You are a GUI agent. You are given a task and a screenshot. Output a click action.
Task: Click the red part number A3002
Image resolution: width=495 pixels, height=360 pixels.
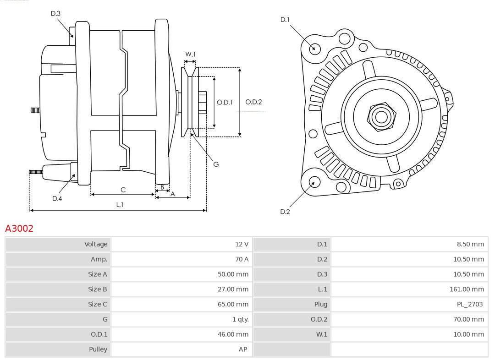point(19,228)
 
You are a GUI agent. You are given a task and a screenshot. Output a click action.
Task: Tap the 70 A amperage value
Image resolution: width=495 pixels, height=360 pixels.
point(242,259)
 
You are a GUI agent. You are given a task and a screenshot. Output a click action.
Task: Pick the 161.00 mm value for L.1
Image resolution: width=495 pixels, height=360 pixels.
point(467,289)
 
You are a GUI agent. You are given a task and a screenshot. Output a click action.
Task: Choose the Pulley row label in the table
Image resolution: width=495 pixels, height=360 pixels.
point(98,349)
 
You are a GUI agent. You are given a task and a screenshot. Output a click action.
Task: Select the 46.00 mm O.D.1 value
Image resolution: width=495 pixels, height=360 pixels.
point(233,334)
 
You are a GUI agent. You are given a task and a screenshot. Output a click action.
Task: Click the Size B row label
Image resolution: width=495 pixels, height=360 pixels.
point(97,289)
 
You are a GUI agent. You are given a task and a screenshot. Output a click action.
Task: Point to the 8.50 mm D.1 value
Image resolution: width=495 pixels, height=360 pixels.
point(470,244)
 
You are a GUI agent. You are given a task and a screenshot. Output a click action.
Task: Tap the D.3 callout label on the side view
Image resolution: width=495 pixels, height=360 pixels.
point(55,13)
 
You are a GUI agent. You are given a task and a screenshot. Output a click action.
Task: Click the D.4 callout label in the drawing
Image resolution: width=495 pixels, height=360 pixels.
point(57,198)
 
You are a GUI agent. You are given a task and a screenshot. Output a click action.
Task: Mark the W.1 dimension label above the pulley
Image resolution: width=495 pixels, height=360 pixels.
point(190,54)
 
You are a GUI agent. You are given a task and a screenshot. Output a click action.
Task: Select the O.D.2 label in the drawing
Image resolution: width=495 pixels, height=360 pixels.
point(253,102)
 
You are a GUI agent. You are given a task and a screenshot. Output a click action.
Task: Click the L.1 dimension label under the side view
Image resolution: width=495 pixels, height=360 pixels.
point(119,205)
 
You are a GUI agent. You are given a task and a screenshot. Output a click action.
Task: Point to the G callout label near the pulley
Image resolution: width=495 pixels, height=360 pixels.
point(216,164)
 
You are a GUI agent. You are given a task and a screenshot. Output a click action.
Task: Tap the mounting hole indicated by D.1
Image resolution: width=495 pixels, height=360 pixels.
point(315,48)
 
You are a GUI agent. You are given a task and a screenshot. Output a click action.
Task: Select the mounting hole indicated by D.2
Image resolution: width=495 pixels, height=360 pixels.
point(314,182)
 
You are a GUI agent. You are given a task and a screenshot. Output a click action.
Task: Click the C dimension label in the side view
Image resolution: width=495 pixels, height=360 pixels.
point(123,190)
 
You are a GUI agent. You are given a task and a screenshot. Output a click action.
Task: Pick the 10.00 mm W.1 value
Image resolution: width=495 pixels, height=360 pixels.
point(468,334)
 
